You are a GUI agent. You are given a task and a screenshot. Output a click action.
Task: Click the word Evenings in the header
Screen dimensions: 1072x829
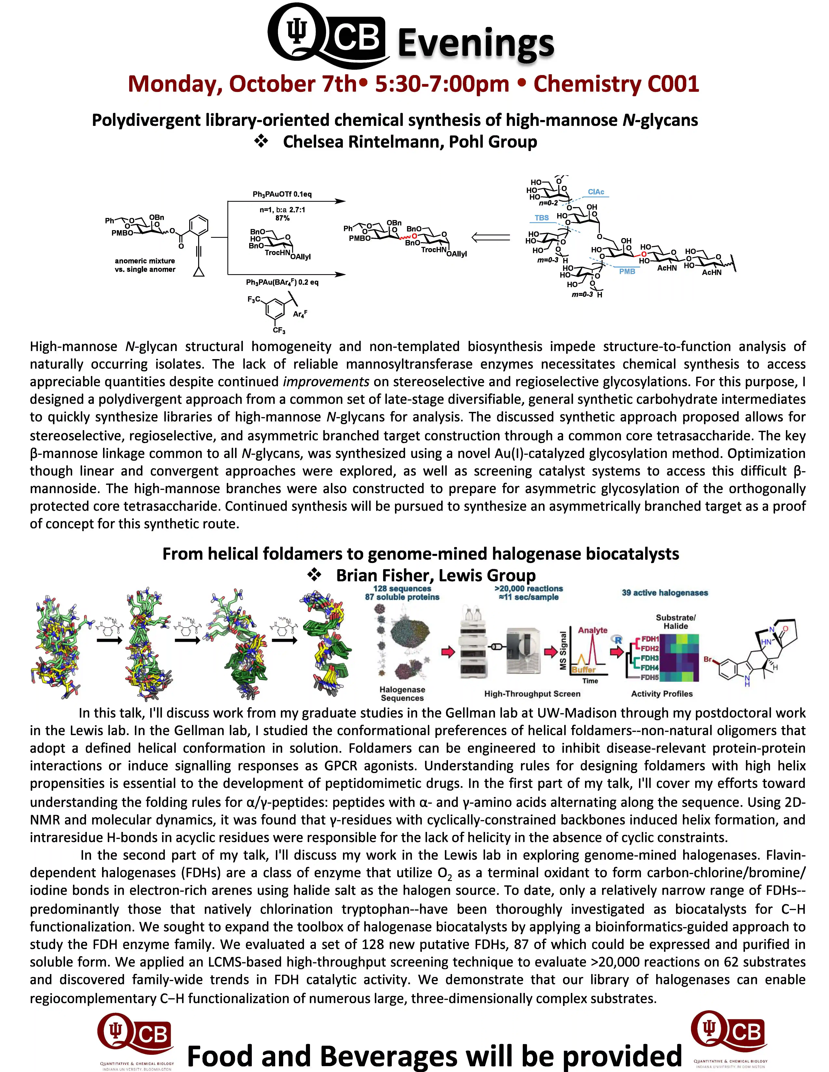(475, 43)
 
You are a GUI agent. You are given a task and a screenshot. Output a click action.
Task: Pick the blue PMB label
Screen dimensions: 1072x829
(627, 271)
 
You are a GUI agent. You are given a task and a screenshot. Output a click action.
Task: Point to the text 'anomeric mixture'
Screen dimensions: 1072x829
(145, 261)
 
